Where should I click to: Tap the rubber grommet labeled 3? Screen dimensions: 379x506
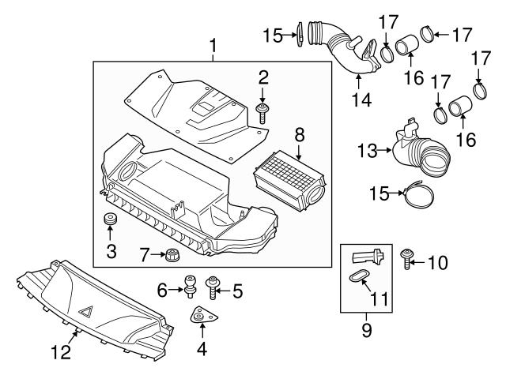(110, 219)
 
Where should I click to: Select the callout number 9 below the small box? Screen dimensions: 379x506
(365, 326)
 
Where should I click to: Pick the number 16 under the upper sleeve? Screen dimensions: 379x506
(410, 79)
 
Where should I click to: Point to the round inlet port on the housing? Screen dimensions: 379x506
(128, 170)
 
